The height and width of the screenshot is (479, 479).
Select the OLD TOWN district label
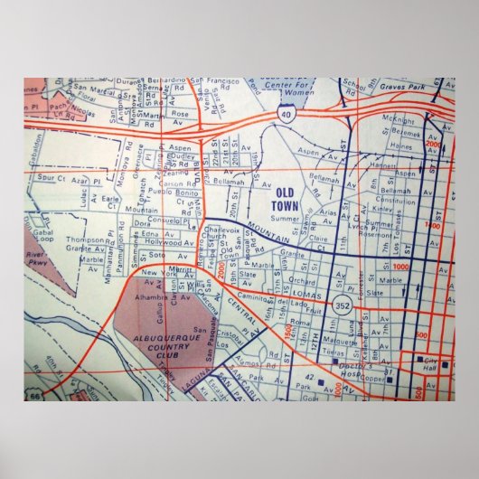click(285, 197)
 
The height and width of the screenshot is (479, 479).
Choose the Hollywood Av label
click(170, 244)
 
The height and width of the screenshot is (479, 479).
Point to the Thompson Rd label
click(85, 240)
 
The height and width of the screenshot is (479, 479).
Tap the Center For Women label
click(286, 89)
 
